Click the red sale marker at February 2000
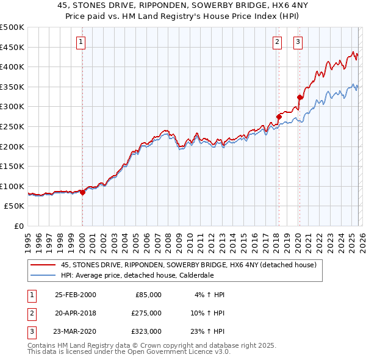click(83, 192)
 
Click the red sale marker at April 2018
click(279, 117)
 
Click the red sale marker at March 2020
click(300, 97)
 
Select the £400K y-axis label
click(12, 67)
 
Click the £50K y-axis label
click(15, 206)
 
